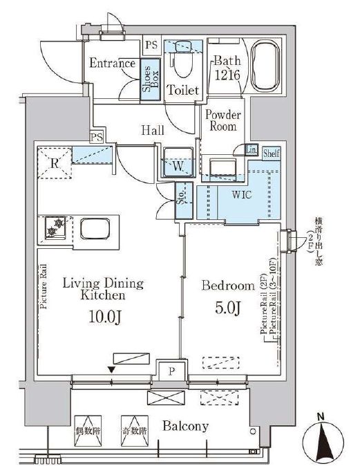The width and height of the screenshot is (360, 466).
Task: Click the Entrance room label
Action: tap(112, 64)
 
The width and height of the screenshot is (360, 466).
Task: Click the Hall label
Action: tap(153, 129)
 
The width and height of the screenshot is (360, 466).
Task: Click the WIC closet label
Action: tap(241, 195)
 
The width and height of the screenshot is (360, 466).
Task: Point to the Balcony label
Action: tap(186, 427)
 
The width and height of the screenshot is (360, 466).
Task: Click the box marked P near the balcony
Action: tap(171, 371)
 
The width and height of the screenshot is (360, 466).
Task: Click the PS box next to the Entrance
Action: tap(152, 46)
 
